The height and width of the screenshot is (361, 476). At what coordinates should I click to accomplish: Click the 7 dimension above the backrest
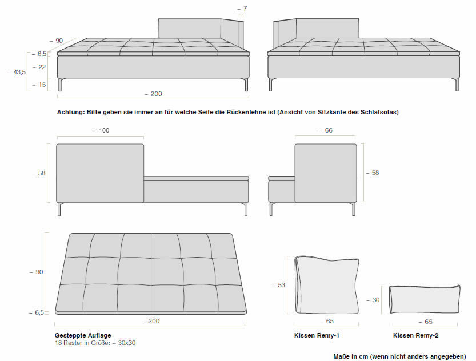(x=245, y=9)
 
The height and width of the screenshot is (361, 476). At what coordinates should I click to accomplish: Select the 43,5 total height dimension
(x=19, y=72)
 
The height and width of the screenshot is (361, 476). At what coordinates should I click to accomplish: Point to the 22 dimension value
(x=42, y=67)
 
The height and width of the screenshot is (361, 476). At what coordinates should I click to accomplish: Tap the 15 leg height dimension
(x=42, y=85)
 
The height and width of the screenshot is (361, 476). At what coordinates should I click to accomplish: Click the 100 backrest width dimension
(x=103, y=130)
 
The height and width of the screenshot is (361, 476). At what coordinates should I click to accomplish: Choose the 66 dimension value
(x=329, y=130)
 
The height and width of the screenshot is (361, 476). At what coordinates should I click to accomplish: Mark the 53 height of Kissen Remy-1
(x=281, y=285)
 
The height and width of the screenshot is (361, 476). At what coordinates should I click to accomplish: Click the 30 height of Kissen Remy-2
(x=375, y=299)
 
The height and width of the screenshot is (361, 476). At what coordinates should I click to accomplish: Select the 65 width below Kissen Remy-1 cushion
(x=329, y=322)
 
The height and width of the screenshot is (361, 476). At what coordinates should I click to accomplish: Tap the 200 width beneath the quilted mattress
(x=153, y=321)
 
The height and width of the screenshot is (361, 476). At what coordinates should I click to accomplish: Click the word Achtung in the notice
(x=70, y=113)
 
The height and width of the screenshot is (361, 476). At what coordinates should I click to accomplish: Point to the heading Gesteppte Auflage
(x=82, y=335)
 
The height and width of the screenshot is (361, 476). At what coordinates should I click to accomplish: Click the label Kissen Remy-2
(x=415, y=336)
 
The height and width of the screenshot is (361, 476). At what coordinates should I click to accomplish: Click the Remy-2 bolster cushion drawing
(x=425, y=299)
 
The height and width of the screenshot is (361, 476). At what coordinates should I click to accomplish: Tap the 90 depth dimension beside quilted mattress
(x=39, y=272)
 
